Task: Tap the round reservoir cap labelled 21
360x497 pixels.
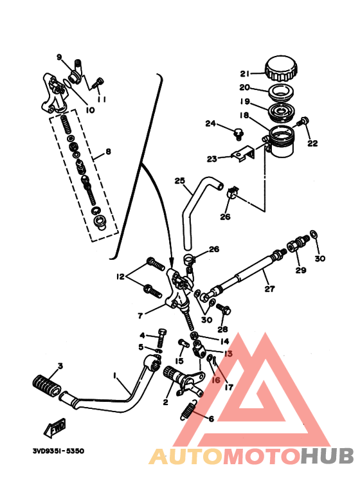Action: (282, 67)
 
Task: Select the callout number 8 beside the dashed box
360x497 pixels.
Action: (108, 152)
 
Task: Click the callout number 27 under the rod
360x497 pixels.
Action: (269, 289)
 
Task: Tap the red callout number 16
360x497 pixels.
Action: (216, 381)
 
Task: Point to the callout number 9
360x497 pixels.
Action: (59, 57)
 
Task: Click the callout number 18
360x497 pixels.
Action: (244, 116)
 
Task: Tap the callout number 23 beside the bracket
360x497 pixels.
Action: (212, 159)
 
